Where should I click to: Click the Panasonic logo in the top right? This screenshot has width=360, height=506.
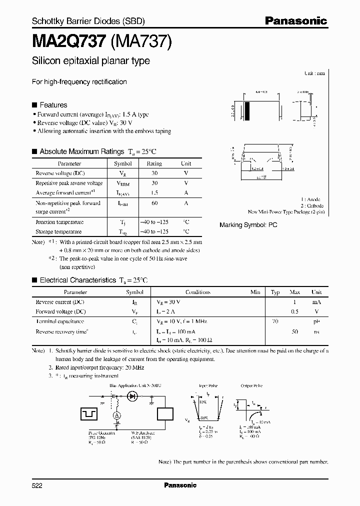click(x=295, y=21)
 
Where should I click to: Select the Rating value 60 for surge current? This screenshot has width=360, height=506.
click(x=154, y=203)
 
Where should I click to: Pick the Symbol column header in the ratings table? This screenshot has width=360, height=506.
click(x=123, y=163)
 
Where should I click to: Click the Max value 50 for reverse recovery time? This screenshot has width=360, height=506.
click(x=294, y=331)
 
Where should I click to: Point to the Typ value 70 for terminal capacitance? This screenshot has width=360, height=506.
click(x=275, y=321)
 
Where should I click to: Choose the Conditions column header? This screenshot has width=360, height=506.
click(x=198, y=292)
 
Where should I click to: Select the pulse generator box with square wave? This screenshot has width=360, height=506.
click(x=91, y=413)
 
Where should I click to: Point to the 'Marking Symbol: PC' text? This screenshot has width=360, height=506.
click(x=248, y=225)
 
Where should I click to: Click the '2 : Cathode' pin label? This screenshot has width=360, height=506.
click(x=311, y=205)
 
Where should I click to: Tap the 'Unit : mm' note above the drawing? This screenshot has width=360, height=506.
click(x=315, y=73)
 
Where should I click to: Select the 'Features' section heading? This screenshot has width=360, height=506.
click(x=53, y=105)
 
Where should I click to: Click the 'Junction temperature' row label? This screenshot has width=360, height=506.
click(x=59, y=222)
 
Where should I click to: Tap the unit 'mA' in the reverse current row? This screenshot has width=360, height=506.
click(x=316, y=302)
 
